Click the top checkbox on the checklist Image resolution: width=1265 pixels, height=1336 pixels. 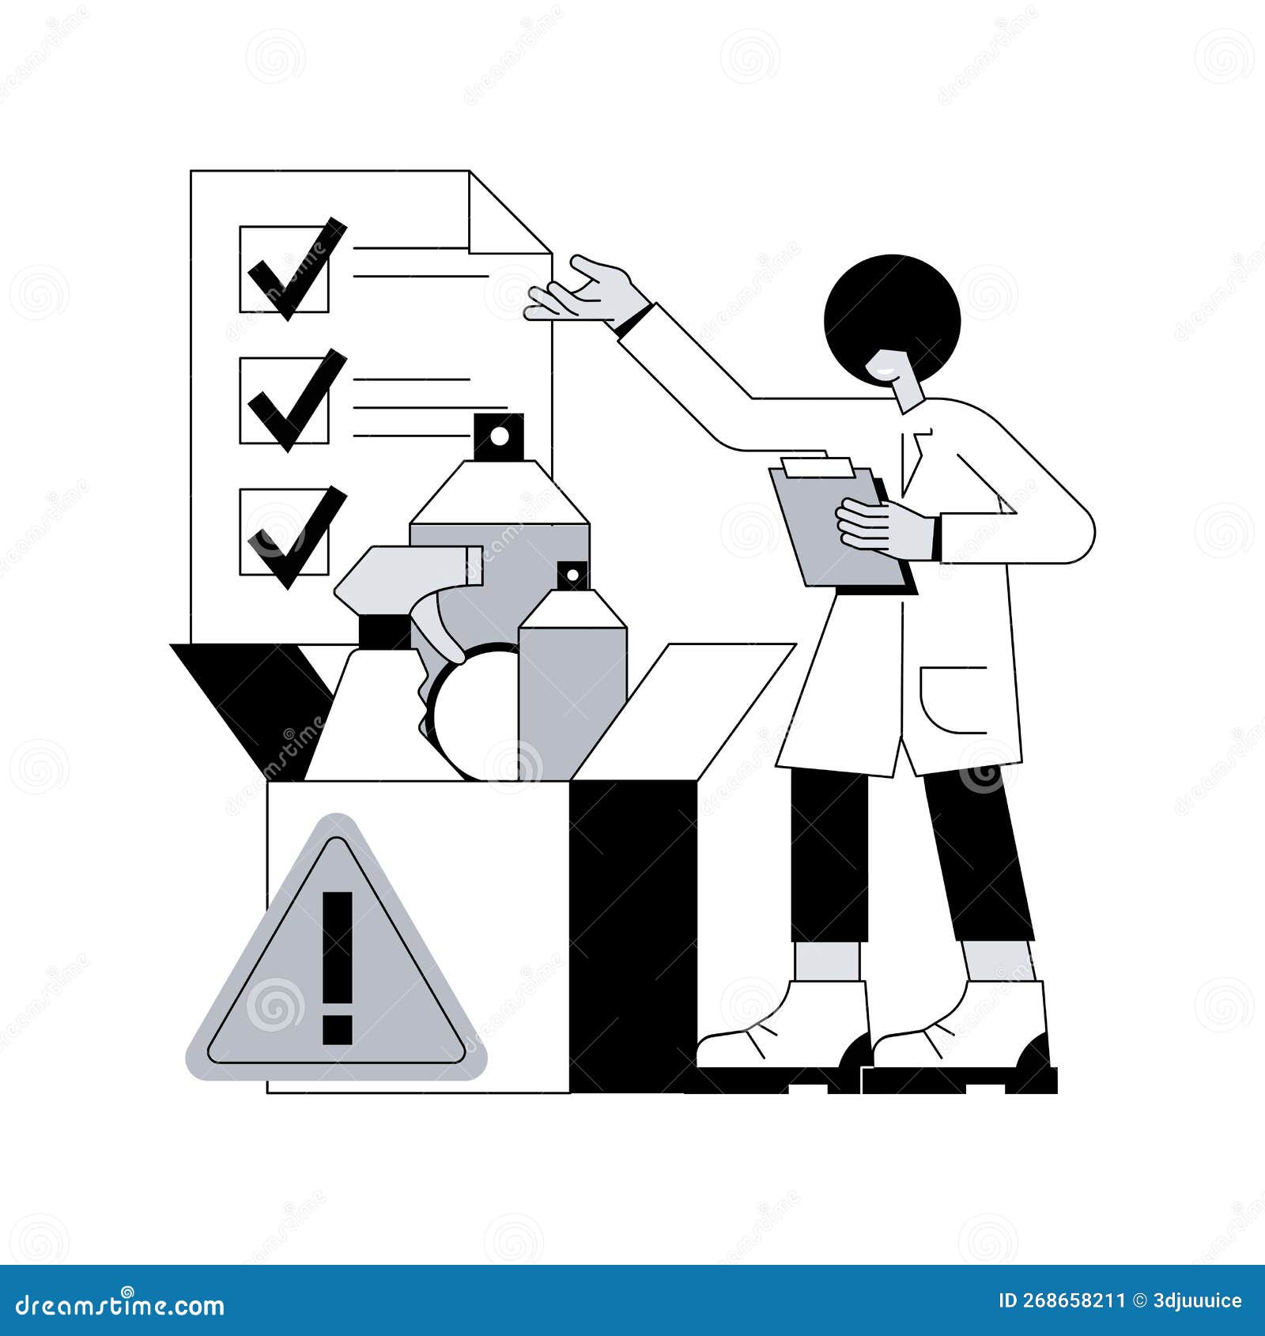284,269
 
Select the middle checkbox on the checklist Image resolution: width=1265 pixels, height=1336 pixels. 284,400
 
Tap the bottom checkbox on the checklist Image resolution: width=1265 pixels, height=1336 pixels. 284,531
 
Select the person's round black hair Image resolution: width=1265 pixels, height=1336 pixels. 892,312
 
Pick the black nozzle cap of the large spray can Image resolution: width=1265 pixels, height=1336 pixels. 499,436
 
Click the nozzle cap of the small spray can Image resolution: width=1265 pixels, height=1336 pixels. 572,576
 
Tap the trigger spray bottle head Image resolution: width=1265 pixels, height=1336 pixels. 403,577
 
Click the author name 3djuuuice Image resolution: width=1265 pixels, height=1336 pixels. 1198,1301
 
